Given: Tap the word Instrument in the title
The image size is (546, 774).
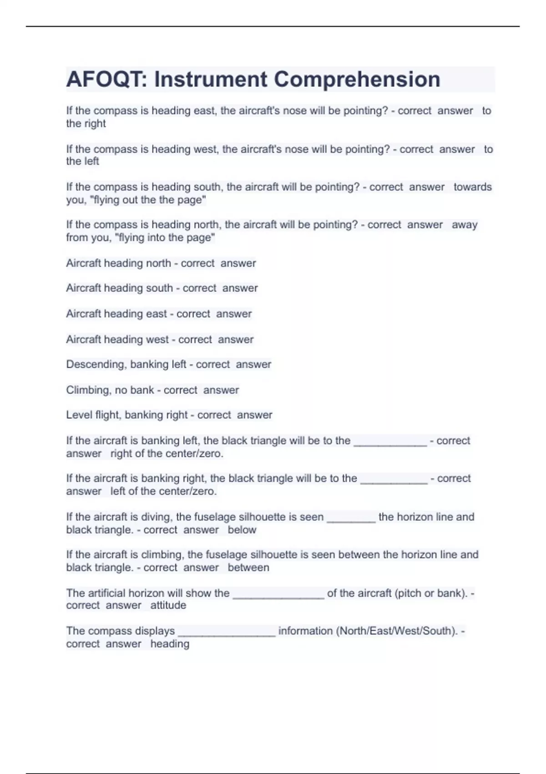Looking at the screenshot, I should tap(211, 79).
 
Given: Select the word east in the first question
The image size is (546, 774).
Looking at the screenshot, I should tap(204, 111).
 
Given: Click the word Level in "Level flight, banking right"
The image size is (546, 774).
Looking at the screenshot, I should tap(79, 415).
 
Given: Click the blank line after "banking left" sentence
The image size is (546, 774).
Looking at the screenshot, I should tap(390, 442).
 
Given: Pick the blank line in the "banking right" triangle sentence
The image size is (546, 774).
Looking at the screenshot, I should tap(394, 479).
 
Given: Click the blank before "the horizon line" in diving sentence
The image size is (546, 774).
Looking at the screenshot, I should tap(351, 518).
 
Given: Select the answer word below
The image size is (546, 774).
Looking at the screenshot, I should tap(242, 530).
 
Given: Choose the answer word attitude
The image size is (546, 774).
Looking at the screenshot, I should tap(168, 605).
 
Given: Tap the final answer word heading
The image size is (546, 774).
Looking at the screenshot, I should tap(170, 644).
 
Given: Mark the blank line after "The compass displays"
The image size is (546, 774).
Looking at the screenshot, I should tap(227, 632).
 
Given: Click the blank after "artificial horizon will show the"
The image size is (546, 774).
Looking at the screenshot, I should tap(278, 594).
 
